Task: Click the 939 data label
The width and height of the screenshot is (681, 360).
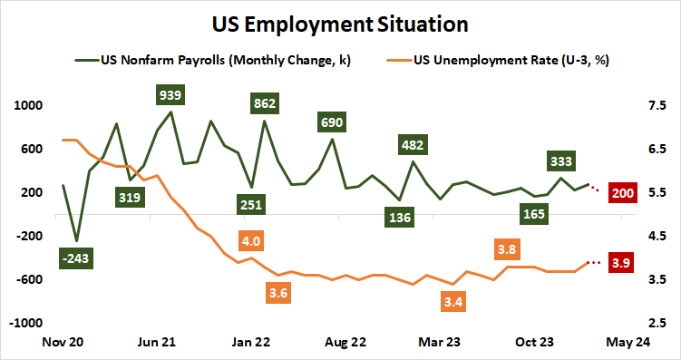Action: [x=170, y=94]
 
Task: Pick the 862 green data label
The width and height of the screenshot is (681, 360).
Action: [x=265, y=103]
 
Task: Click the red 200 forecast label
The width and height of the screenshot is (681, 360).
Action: [x=623, y=192]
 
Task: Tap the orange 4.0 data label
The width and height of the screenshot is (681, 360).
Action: [x=251, y=241]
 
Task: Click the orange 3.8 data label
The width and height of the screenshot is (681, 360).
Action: [x=508, y=248]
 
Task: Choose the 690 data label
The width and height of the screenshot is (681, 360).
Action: [x=332, y=121]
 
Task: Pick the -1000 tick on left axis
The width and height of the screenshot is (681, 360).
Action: [x=27, y=323]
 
